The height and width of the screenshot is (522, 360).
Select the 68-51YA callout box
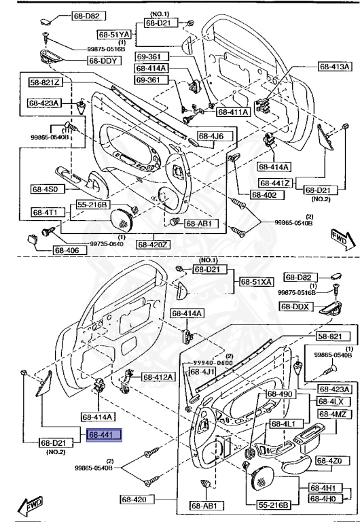tap(113, 33)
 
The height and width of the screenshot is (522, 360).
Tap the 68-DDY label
tap(103, 60)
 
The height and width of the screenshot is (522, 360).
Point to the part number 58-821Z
tap(45, 83)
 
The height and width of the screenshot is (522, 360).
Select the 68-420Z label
tap(154, 244)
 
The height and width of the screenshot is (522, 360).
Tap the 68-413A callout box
tap(335, 67)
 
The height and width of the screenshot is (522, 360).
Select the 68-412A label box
tap(158, 377)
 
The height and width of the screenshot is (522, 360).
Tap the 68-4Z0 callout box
tap(336, 462)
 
